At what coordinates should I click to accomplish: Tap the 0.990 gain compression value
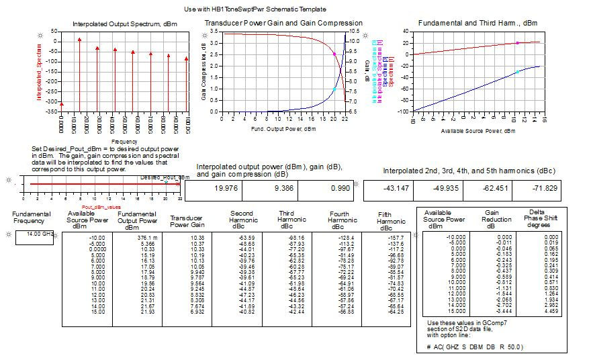click(x=326, y=189)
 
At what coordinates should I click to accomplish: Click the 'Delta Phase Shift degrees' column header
click(x=537, y=219)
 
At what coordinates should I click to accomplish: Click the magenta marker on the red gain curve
click(x=334, y=54)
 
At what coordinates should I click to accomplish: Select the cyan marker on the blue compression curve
click(x=334, y=89)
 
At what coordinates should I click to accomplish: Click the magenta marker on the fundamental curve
click(x=517, y=43)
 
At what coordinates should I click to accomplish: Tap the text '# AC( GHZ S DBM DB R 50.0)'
click(x=475, y=347)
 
